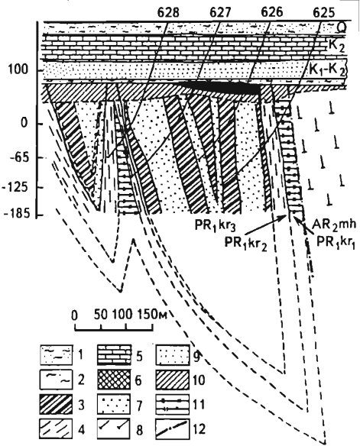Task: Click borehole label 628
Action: click(169, 12)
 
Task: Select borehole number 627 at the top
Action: click(221, 12)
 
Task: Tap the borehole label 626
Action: click(272, 12)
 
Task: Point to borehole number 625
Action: click(323, 12)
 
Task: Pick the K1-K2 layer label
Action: click(327, 70)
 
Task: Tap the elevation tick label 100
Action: click(18, 69)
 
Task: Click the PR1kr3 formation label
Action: click(216, 226)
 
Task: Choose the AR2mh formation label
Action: click(334, 225)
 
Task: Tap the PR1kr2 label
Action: click(246, 244)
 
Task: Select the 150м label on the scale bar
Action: click(152, 315)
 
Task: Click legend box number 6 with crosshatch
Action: click(114, 380)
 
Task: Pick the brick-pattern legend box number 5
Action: click(114, 354)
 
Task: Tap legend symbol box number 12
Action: click(173, 429)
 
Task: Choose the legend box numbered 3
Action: click(56, 404)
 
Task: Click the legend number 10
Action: click(199, 380)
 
